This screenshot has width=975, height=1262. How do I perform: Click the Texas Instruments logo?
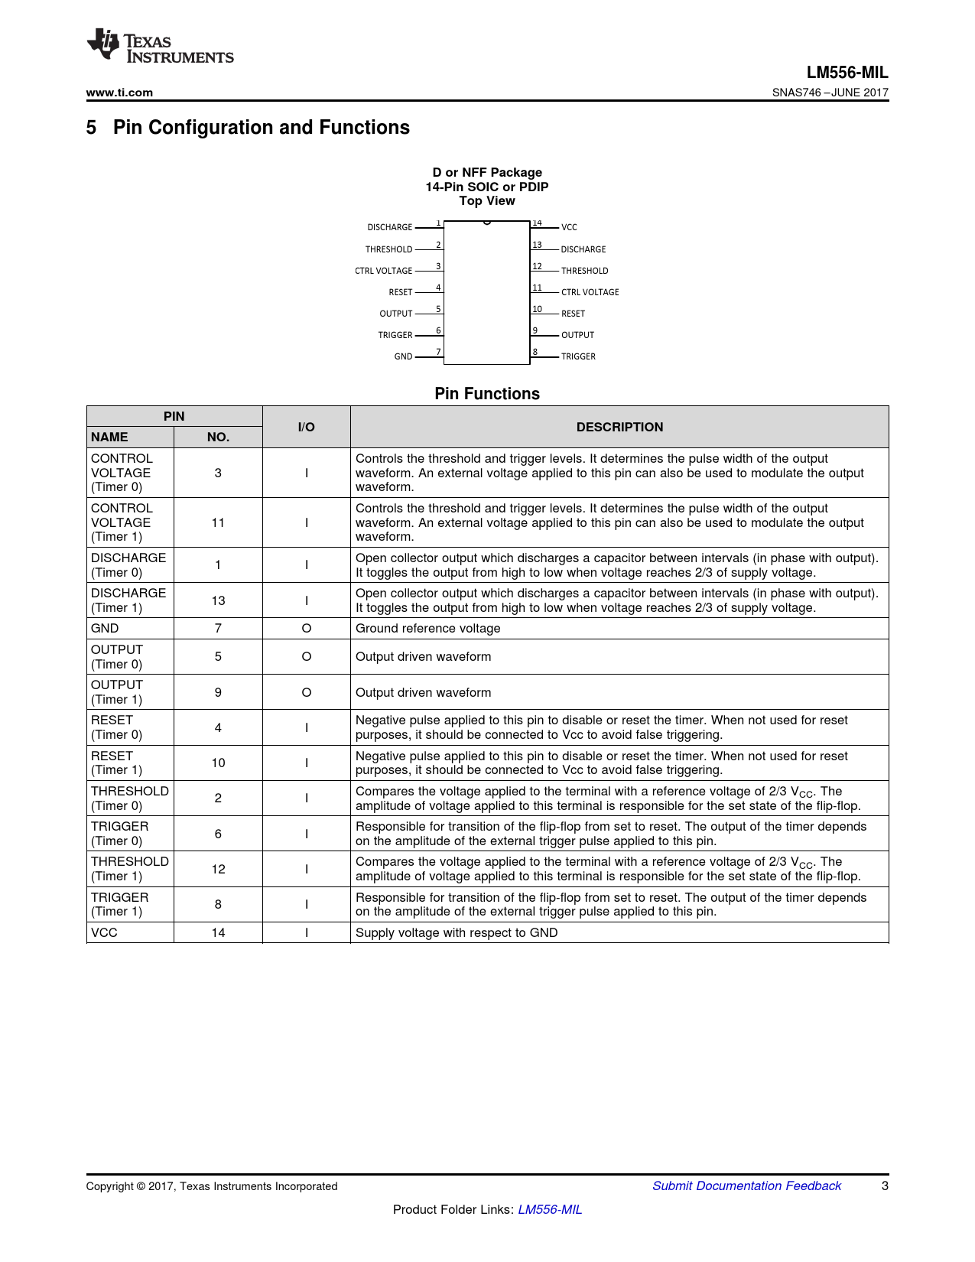click(160, 47)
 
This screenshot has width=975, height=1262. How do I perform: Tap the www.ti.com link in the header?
click(119, 93)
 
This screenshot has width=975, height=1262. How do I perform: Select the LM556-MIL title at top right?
click(847, 73)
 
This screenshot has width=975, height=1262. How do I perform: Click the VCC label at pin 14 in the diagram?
click(569, 227)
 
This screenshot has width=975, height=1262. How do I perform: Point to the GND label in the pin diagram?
click(403, 356)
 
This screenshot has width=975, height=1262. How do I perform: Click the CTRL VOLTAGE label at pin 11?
click(590, 292)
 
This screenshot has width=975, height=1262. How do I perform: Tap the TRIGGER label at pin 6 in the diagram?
click(395, 335)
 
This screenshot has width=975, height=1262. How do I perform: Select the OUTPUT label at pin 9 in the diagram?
click(577, 335)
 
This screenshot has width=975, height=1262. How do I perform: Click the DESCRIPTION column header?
click(619, 427)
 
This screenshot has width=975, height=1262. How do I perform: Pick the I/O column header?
click(306, 427)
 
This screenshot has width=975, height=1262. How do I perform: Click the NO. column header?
click(218, 437)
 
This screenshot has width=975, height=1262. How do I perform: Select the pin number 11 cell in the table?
click(218, 522)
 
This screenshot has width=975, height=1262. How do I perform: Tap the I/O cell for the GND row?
click(306, 628)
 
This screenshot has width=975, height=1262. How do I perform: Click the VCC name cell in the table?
click(104, 932)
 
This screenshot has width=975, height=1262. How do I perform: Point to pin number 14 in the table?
click(218, 932)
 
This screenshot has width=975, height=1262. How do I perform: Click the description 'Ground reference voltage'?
click(427, 628)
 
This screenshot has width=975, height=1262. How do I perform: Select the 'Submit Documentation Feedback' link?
click(746, 1186)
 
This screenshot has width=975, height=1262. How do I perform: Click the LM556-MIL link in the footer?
click(550, 1209)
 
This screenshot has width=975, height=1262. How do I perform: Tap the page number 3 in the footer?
click(885, 1186)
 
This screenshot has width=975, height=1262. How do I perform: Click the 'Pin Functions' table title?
click(487, 394)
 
